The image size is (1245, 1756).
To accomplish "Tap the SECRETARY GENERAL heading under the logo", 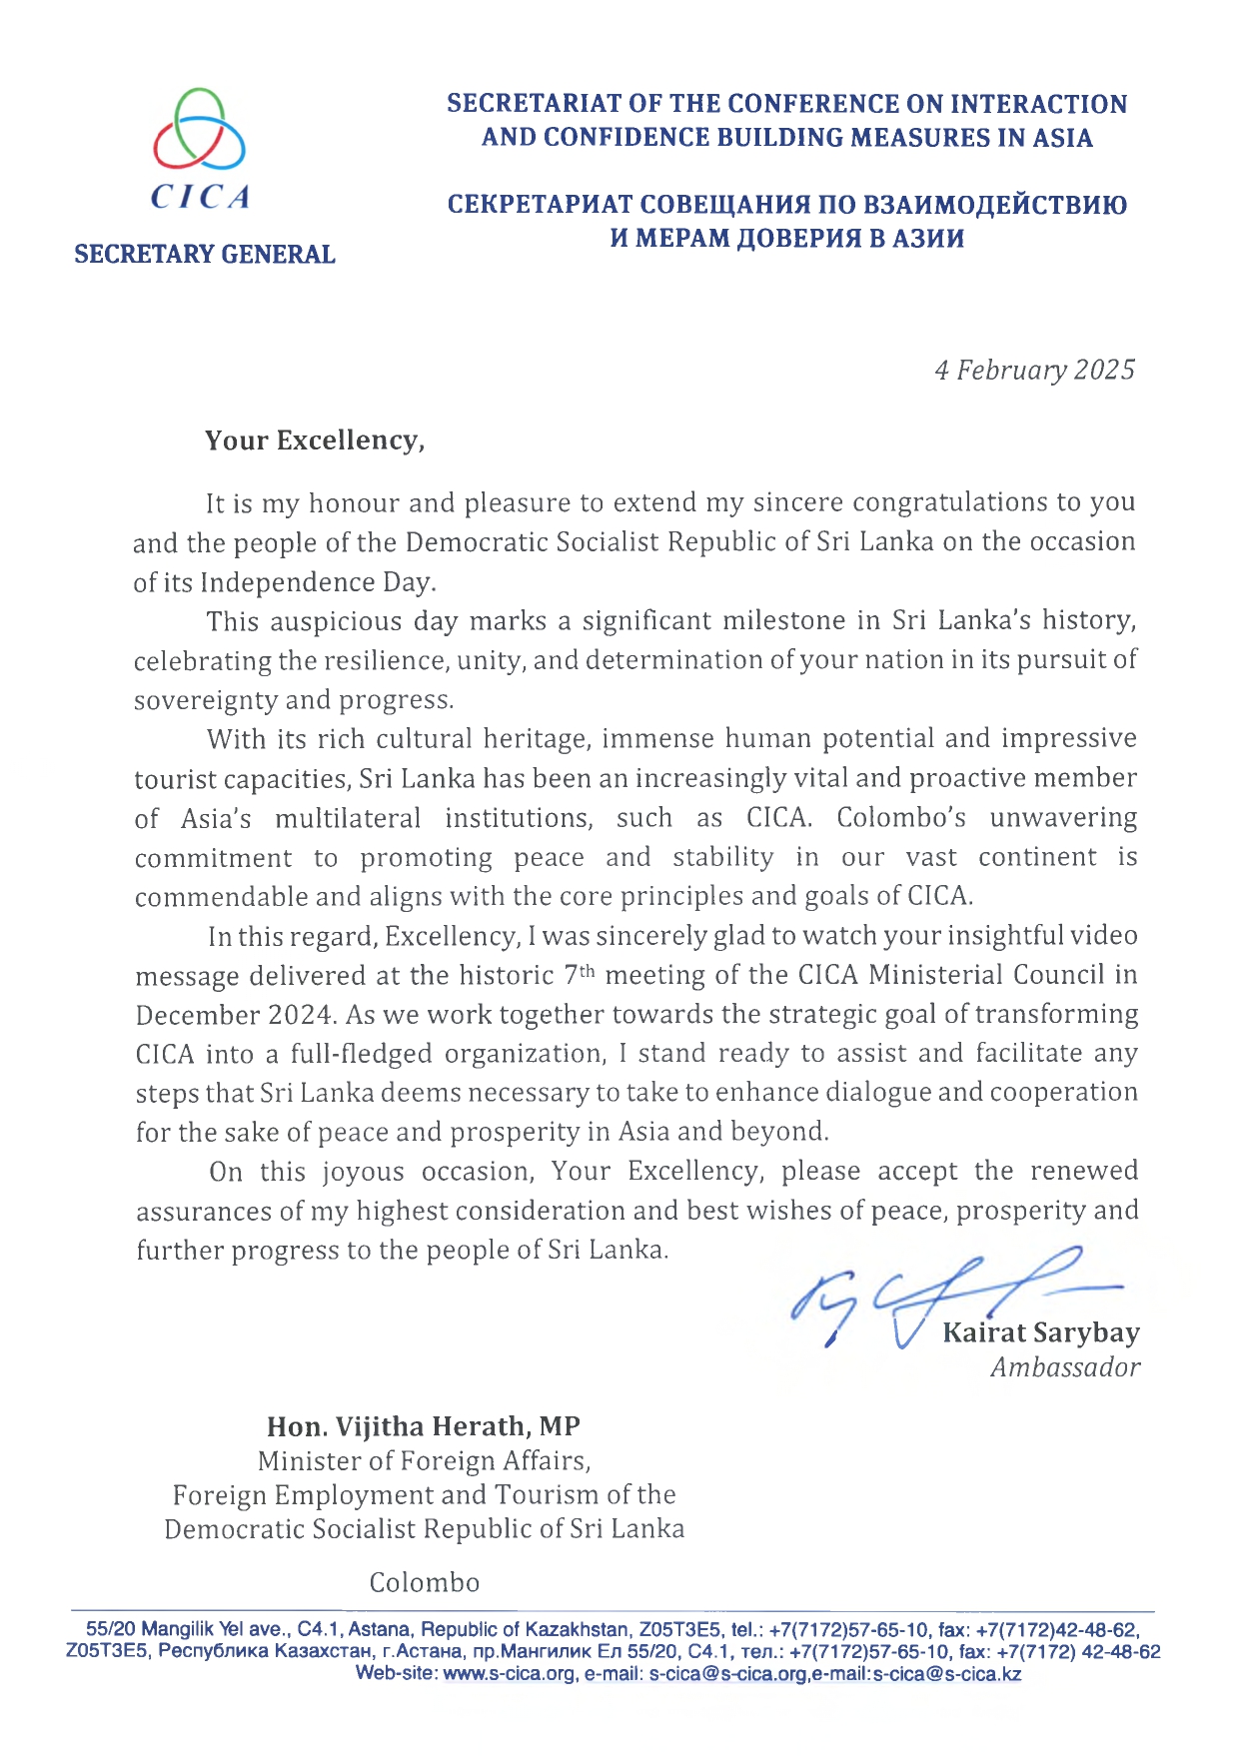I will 204,255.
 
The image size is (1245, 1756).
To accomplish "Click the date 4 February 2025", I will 1034,371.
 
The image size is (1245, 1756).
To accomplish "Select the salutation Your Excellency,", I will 315,440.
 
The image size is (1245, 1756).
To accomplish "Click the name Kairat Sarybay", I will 1040,1333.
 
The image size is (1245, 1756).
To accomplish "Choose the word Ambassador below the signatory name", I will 1064,1367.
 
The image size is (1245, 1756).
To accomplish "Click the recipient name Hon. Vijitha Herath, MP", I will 423,1426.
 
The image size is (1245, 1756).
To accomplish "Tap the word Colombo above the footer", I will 424,1583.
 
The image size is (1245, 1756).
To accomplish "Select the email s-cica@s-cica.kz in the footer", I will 946,1674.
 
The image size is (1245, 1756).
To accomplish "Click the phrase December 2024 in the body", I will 234,1015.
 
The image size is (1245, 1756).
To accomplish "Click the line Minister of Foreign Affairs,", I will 424,1461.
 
